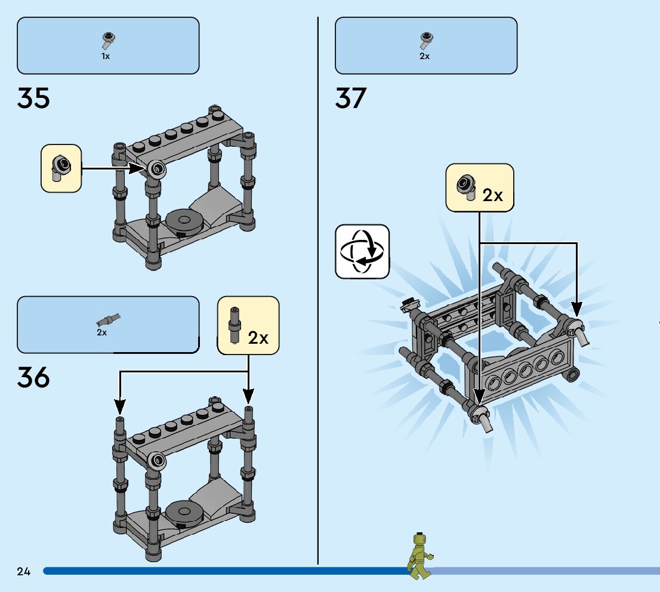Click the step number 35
click(x=33, y=98)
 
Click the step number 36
click(x=33, y=378)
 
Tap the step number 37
click(x=351, y=98)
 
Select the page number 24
click(x=23, y=572)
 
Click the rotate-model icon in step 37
click(x=362, y=251)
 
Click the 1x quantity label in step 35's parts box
click(x=106, y=56)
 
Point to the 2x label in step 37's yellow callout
click(x=493, y=195)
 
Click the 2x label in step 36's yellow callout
click(x=258, y=338)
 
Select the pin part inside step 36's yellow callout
click(x=235, y=326)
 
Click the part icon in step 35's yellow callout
click(x=60, y=168)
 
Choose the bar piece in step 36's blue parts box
click(x=109, y=318)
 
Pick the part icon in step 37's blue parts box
click(x=425, y=41)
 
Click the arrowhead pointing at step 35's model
click(x=141, y=169)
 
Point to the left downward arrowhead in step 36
click(x=120, y=408)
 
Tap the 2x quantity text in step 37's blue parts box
click(x=424, y=56)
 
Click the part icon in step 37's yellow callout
click(x=467, y=187)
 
